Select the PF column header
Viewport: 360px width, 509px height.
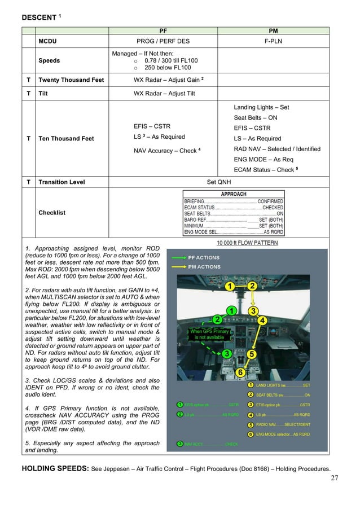click(x=163, y=30)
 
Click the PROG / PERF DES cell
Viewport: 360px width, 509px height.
click(x=163, y=41)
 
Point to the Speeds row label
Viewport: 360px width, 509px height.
click(x=49, y=60)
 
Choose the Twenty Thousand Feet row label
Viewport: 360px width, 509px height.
click(x=71, y=80)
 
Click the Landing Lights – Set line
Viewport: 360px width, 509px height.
click(x=261, y=107)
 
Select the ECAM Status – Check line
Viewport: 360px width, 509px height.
click(x=265, y=170)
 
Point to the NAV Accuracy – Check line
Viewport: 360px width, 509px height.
click(x=167, y=151)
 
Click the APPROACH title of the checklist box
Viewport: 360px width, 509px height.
click(x=234, y=194)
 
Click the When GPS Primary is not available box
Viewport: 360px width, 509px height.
click(x=208, y=334)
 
